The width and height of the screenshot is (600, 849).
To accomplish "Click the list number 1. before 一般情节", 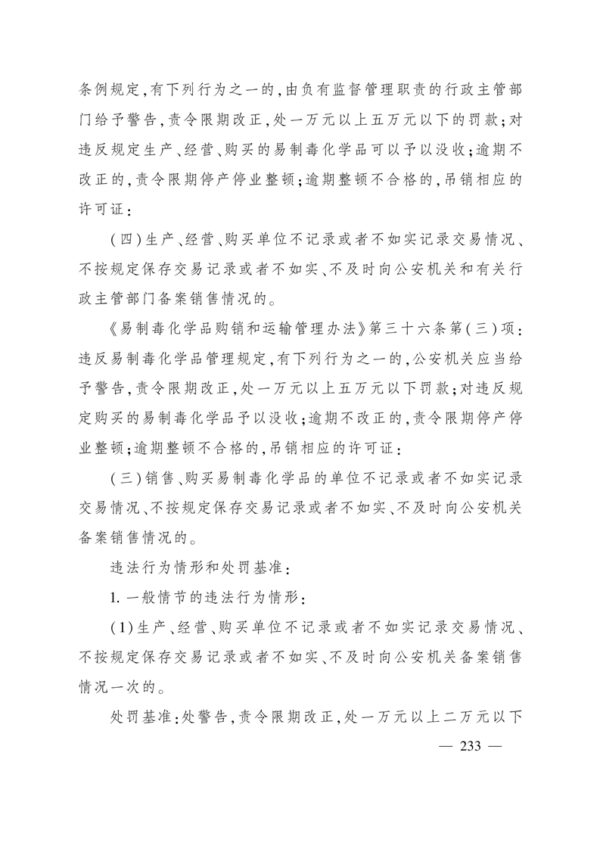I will click(113, 598).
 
